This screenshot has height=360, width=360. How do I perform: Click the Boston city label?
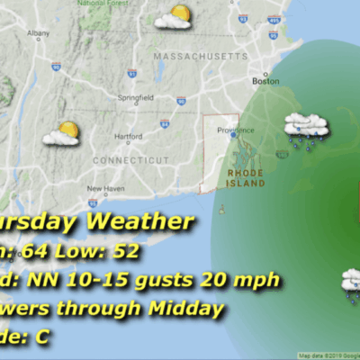(x=265, y=81)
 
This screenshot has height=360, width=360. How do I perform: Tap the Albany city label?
(x=39, y=33)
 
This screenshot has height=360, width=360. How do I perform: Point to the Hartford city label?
(x=104, y=136)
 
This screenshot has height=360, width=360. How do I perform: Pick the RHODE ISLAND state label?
(x=247, y=176)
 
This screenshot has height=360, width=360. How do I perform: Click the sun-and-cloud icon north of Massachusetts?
(x=173, y=17)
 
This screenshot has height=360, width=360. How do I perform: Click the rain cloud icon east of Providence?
(x=306, y=128)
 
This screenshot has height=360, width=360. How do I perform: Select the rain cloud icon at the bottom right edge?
(x=351, y=282)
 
